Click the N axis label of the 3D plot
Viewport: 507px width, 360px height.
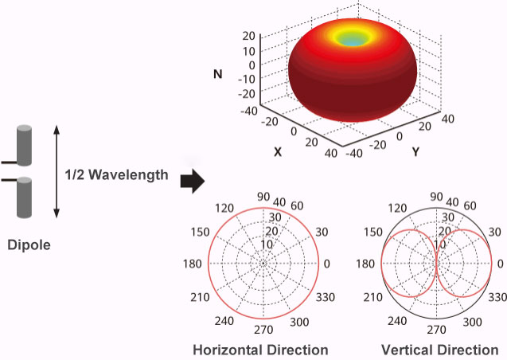click(x=216, y=74)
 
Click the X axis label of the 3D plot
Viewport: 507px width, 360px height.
click(x=278, y=150)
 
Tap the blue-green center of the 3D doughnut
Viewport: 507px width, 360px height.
click(x=358, y=37)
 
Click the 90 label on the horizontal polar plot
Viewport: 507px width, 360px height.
click(x=263, y=197)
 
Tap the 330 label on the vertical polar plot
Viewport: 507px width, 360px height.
click(x=497, y=295)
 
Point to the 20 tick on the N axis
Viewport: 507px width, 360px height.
click(x=248, y=36)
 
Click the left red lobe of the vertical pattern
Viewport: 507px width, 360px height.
click(x=408, y=264)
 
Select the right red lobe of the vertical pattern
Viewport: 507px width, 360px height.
click(x=464, y=264)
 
